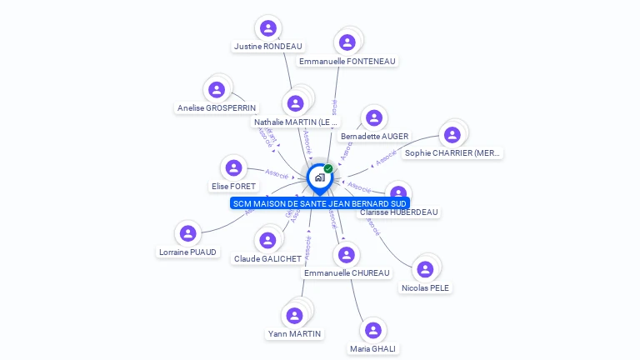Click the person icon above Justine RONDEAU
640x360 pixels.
pos(267,28)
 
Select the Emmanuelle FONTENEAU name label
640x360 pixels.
pos(347,61)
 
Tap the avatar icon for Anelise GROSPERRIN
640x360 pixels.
pos(217,89)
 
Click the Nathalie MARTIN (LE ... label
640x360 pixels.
pos(297,122)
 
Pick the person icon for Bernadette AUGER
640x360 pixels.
pos(374,118)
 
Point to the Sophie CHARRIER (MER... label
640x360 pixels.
pos(452,153)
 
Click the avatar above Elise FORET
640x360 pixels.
pos(233,167)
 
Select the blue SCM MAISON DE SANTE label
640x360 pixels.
pos(320,203)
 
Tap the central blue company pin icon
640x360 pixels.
pos(319,177)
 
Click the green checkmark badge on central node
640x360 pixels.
pos(328,169)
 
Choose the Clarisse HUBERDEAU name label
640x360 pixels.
pos(398,212)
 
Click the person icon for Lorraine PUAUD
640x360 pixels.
pos(187,233)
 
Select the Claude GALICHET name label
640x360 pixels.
pos(267,259)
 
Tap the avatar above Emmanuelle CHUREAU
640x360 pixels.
pos(347,254)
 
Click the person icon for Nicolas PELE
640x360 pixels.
pos(425,269)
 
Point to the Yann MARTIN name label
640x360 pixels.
pos(294,334)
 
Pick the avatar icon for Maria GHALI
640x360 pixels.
pos(373,331)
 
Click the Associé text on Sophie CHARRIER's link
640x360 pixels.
pos(386,157)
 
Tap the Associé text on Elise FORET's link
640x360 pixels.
pos(277,174)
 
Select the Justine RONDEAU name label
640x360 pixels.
pos(267,47)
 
